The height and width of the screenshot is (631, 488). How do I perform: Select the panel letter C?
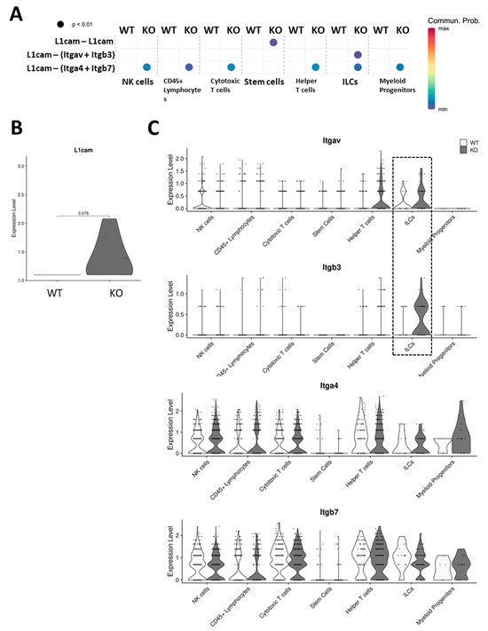tap(153, 129)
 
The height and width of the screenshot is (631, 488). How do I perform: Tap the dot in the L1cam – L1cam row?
tap(274, 42)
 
